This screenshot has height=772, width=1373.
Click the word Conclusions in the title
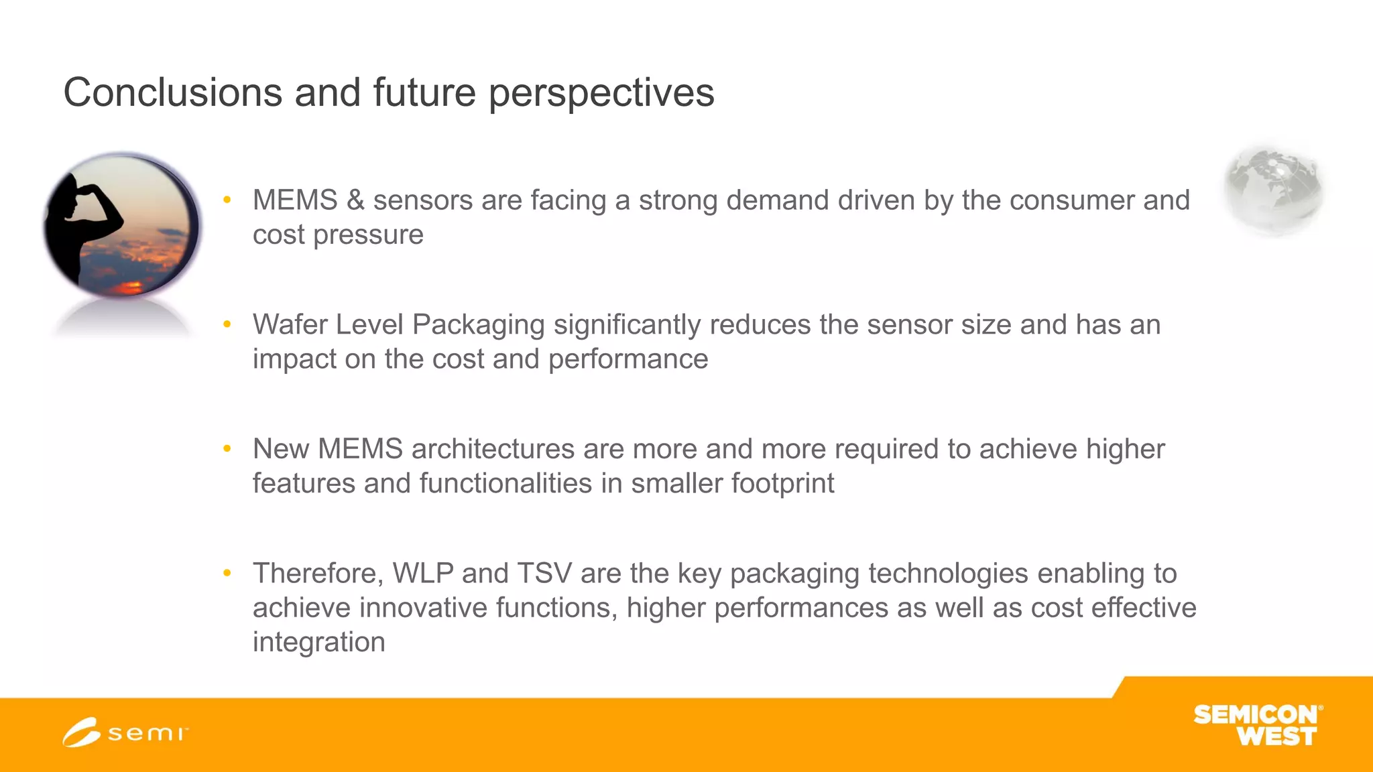[x=172, y=92]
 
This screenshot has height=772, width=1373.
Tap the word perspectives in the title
[x=601, y=92]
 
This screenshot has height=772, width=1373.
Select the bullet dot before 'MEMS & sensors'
[x=227, y=200]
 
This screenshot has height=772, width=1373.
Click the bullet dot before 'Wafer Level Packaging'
[x=227, y=324]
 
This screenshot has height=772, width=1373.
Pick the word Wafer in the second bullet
[x=290, y=325]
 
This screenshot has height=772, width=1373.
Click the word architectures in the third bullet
[x=493, y=449]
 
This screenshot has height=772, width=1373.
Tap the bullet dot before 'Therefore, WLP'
[x=227, y=573]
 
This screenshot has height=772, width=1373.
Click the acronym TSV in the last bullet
[x=544, y=574]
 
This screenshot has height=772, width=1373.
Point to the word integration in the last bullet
[x=319, y=642]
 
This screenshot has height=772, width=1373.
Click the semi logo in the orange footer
[x=125, y=732]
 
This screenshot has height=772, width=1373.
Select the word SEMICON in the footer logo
[x=1255, y=714]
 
